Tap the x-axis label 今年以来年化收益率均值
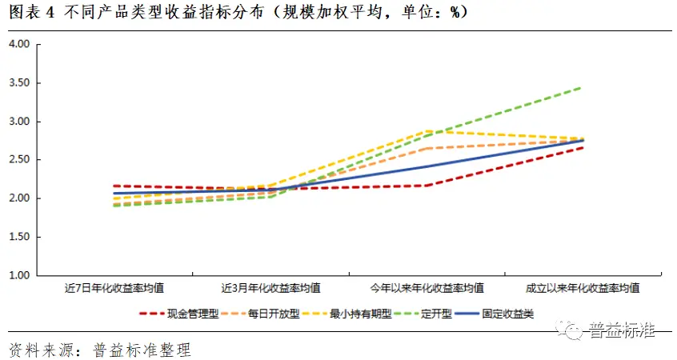click(427, 287)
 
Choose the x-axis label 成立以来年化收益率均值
click(582, 287)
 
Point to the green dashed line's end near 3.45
click(581, 87)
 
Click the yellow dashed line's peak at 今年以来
click(427, 130)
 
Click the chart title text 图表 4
click(30, 14)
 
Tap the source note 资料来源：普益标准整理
click(100, 350)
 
